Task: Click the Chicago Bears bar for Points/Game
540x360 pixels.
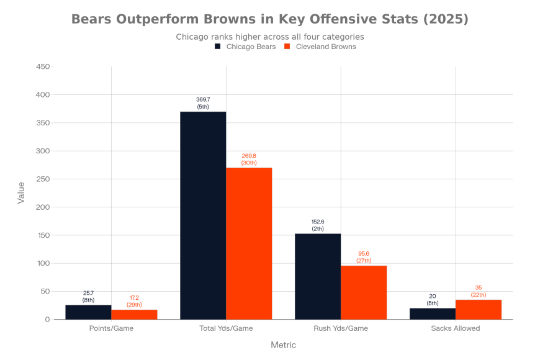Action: (88, 312)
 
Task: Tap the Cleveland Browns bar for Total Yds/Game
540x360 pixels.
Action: (249, 243)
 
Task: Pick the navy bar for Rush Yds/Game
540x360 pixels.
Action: (318, 276)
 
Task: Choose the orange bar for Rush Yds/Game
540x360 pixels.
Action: (364, 292)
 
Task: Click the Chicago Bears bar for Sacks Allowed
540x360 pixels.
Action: (433, 313)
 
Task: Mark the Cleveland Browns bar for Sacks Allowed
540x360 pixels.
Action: (479, 310)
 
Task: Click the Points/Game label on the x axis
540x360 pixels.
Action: (112, 328)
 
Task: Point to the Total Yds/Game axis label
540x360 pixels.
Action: (226, 328)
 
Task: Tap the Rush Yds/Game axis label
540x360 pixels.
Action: (341, 328)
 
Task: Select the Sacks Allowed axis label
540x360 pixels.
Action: (456, 328)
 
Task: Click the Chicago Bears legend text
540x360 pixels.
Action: (251, 47)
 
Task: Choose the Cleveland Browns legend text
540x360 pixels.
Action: (326, 47)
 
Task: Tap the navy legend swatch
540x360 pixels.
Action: (217, 47)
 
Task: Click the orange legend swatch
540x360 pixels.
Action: (287, 47)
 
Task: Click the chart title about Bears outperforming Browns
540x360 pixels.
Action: (270, 19)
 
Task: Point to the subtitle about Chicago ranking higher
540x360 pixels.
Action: (270, 37)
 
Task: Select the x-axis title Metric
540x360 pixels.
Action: (284, 345)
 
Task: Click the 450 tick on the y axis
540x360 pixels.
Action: (43, 66)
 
